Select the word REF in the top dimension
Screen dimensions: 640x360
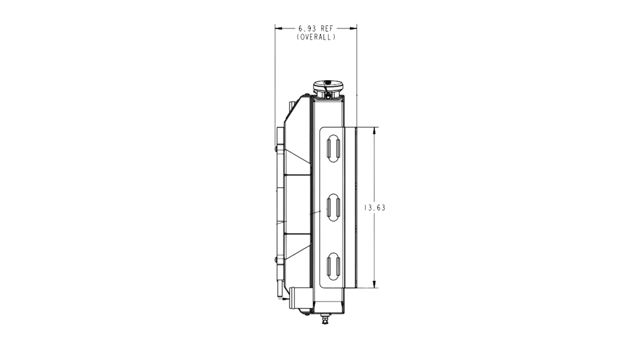327,29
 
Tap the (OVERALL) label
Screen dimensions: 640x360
316,37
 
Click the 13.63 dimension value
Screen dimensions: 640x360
375,208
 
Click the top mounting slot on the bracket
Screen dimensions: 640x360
334,149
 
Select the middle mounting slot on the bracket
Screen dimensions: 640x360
334,207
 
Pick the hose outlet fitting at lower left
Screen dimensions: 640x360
293,298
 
